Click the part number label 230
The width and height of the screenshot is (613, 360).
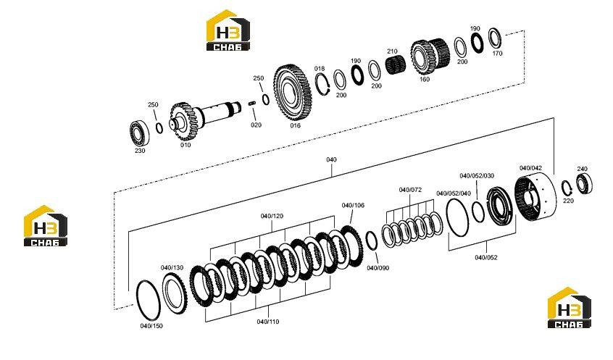(x=140, y=151)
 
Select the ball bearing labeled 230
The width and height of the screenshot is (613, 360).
(x=139, y=133)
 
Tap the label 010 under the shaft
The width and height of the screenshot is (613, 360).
(x=185, y=145)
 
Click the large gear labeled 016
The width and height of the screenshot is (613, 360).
(x=293, y=93)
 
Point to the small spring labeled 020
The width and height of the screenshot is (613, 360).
(x=252, y=104)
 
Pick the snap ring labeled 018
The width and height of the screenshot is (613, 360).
(x=323, y=83)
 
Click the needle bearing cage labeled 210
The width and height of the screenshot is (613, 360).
(x=396, y=64)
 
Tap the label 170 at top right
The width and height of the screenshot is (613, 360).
(x=497, y=54)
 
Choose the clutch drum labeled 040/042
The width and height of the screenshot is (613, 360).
(x=533, y=198)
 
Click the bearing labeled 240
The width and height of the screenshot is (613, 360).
(x=584, y=183)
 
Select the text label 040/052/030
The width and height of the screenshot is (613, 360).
(x=477, y=176)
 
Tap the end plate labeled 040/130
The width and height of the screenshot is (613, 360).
(x=175, y=293)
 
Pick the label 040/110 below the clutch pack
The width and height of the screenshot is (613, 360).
(x=268, y=322)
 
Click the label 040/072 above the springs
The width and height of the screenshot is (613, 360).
(x=410, y=190)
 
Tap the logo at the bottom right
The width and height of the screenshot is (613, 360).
(x=569, y=308)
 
